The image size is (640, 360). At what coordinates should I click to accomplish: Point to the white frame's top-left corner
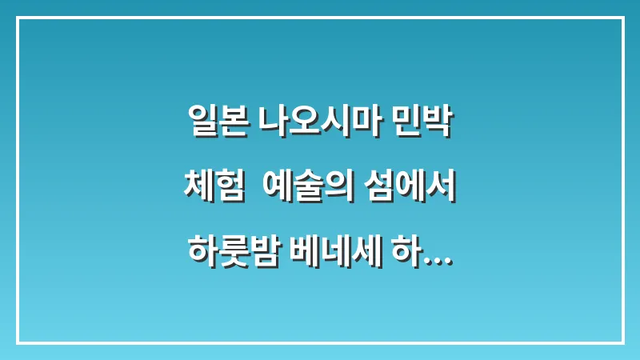click(x=18, y=18)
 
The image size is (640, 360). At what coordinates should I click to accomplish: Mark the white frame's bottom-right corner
click(x=622, y=342)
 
